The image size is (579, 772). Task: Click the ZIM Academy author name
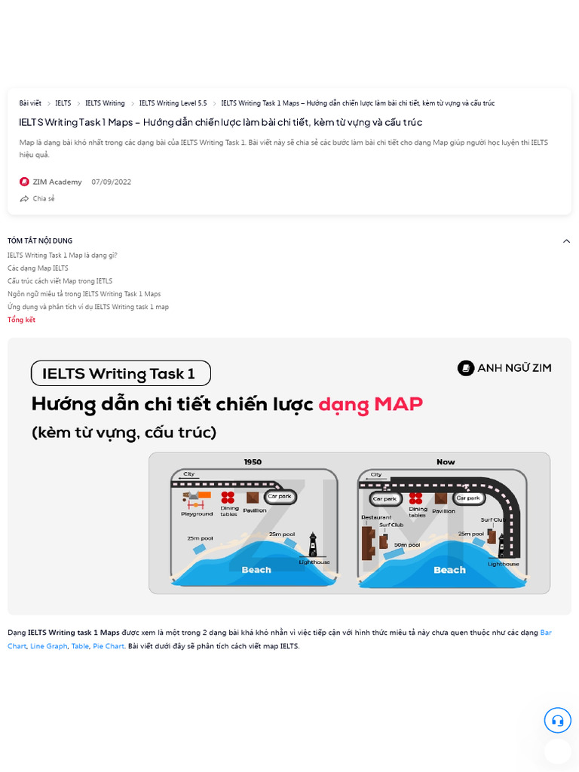point(57,182)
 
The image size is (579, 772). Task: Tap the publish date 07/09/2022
point(112,182)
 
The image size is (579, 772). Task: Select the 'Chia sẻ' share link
point(43,199)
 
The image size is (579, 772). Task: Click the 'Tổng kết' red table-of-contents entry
point(21,320)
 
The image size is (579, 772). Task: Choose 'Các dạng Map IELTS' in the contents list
point(38,268)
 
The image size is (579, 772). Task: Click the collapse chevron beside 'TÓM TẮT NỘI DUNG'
point(566,241)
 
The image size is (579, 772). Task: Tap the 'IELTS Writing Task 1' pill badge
point(120,373)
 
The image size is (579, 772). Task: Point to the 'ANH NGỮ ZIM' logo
point(504,368)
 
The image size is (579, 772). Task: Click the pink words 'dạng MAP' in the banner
point(370,404)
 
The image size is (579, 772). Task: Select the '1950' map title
point(253,462)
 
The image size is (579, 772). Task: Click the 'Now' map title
point(446,462)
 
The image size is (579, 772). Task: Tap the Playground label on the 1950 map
point(197,514)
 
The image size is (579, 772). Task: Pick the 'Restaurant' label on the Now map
point(376,518)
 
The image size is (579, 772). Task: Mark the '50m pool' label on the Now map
point(406,544)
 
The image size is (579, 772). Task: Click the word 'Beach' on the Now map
point(449,570)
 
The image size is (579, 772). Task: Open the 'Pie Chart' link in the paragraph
point(109,646)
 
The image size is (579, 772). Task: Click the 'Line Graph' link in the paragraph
point(49,646)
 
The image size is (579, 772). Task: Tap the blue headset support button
point(557,720)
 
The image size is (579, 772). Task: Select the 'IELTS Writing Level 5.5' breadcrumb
point(173,103)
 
